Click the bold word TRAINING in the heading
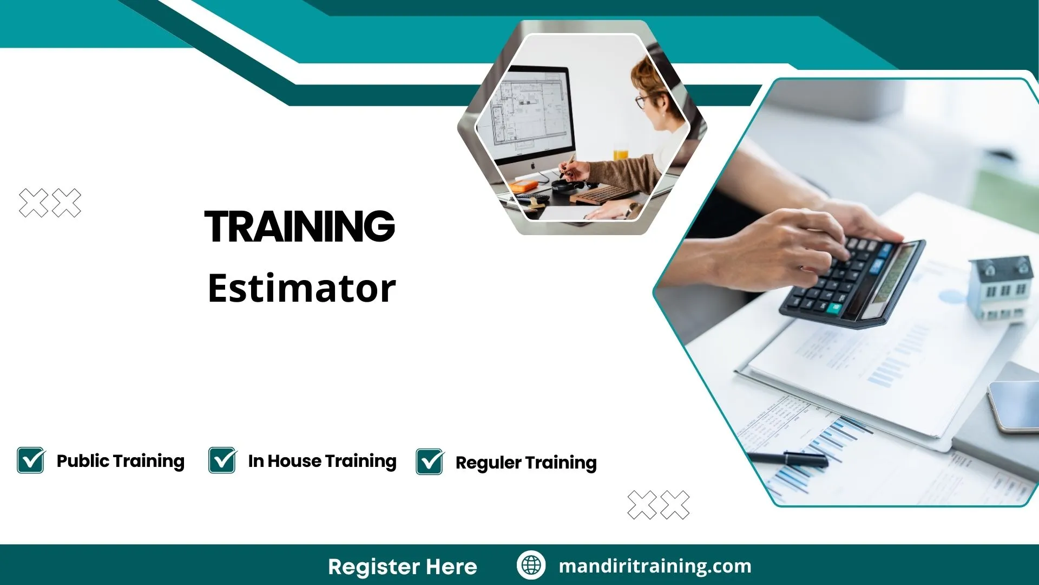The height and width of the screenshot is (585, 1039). tap(300, 226)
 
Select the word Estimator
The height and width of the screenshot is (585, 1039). tap(302, 288)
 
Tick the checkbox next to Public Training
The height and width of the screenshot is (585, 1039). tap(31, 460)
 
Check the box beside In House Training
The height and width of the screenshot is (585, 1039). tap(222, 460)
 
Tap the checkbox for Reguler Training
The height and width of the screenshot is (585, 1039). tap(430, 462)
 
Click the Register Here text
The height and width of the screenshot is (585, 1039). tap(403, 567)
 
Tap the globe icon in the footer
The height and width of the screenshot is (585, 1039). tap(531, 565)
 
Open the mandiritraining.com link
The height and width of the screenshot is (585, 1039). tap(655, 566)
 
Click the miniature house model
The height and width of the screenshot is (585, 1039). tap(1001, 287)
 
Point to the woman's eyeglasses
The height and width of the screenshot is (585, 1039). tap(642, 101)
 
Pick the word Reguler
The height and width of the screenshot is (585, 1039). tap(488, 463)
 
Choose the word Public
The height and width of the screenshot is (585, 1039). tap(83, 461)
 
